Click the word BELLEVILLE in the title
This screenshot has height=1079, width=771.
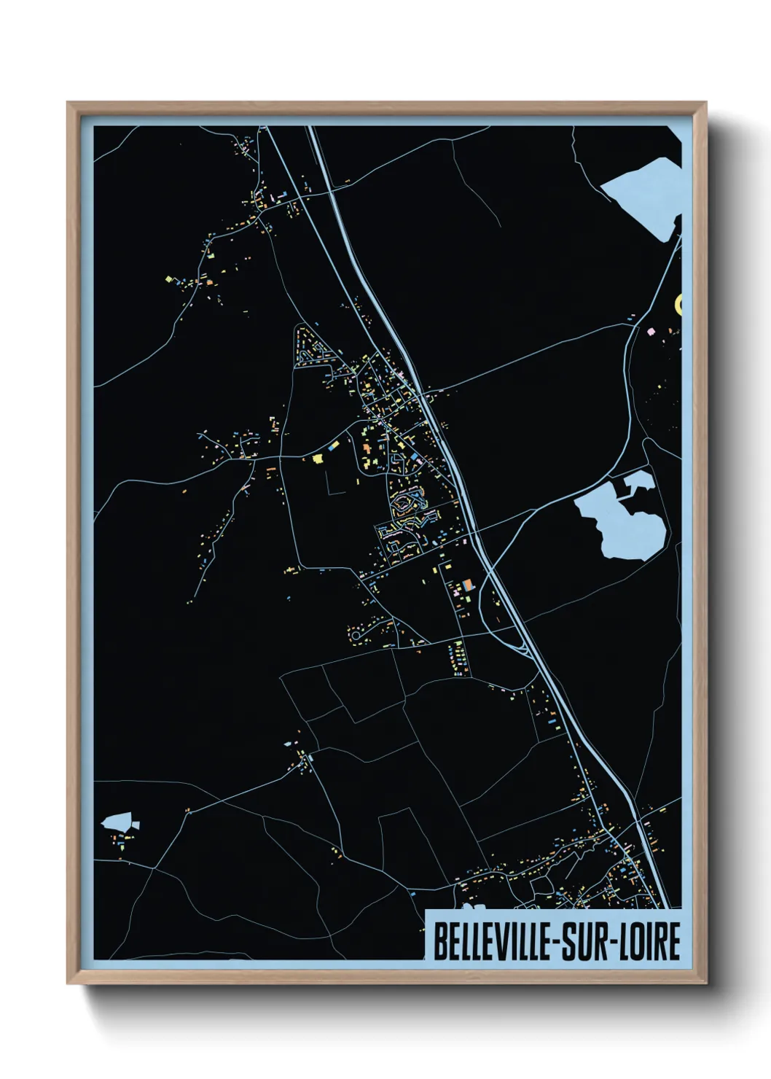(492, 941)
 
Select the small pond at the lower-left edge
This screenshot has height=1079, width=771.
(119, 822)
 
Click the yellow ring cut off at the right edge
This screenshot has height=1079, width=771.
(679, 303)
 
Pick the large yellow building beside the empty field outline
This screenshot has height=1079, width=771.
(317, 458)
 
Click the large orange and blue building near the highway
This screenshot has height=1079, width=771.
(466, 584)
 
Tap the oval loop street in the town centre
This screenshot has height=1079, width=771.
(404, 503)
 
